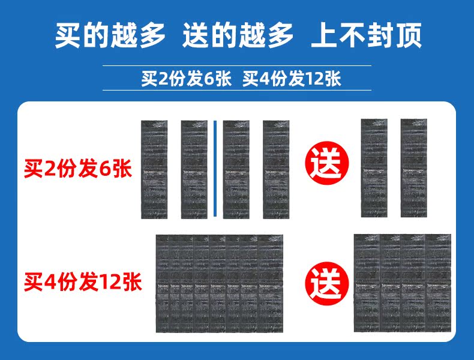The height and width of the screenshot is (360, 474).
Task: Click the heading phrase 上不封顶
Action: pyautogui.click(x=366, y=37)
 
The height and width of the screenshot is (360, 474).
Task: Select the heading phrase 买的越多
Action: pyautogui.click(x=110, y=37)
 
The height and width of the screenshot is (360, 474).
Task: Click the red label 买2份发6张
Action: pyautogui.click(x=76, y=169)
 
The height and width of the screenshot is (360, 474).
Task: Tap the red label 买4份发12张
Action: pyautogui.click(x=83, y=281)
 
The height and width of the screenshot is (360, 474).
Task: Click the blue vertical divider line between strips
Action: pyautogui.click(x=215, y=169)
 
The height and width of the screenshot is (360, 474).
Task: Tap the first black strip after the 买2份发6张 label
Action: pyautogui.click(x=154, y=170)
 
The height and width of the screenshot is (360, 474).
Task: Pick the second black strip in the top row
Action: pyautogui.click(x=194, y=170)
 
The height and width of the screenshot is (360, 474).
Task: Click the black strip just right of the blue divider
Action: pyautogui.click(x=236, y=170)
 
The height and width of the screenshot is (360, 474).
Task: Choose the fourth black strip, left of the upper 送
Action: pyautogui.click(x=276, y=170)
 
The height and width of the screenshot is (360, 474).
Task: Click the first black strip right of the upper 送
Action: pyautogui.click(x=374, y=168)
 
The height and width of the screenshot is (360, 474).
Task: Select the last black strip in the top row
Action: pyautogui.click(x=413, y=168)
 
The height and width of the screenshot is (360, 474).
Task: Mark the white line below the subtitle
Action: pyautogui.click(x=237, y=91)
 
